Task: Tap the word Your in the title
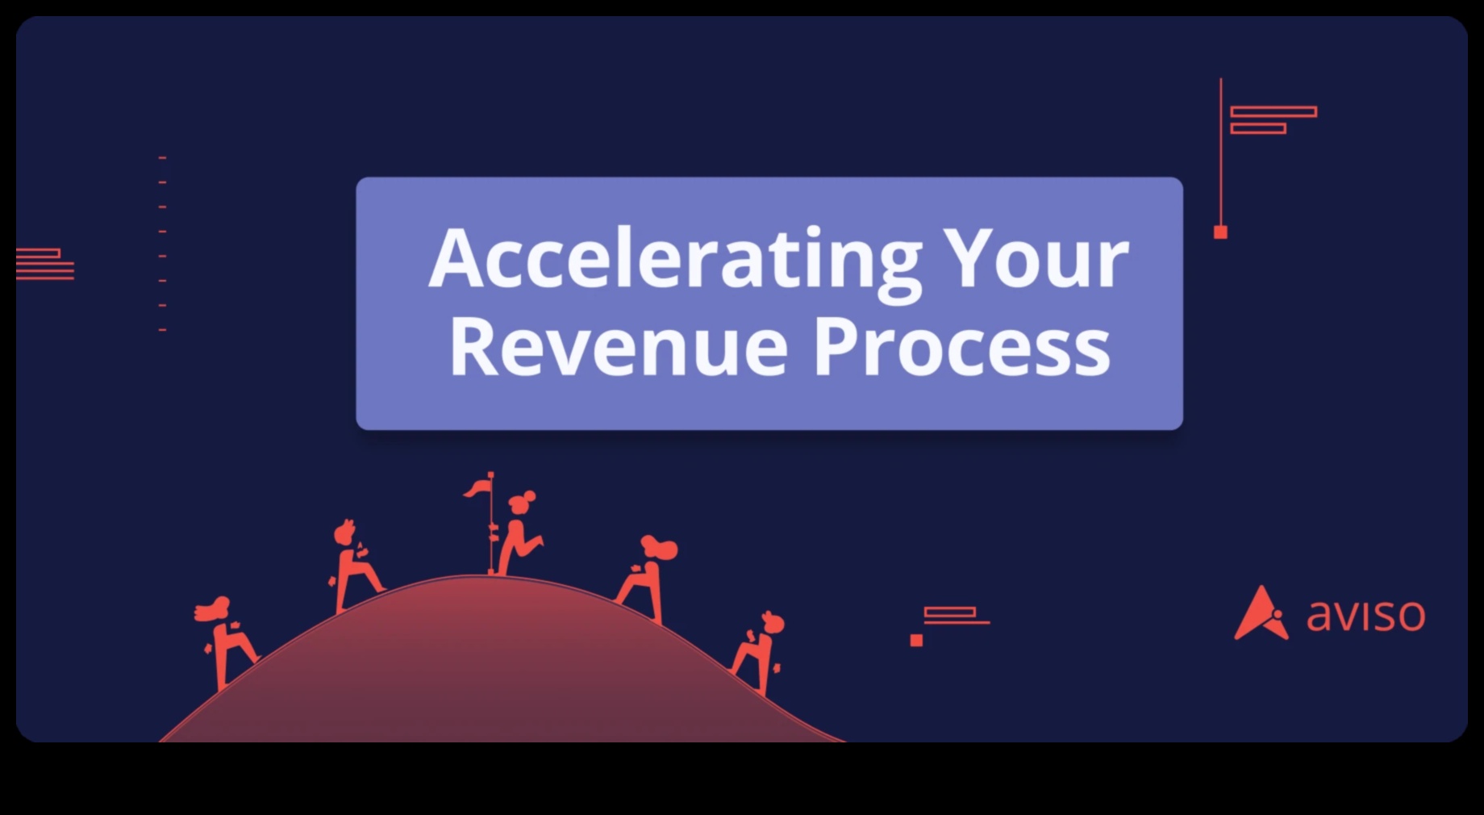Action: (1037, 257)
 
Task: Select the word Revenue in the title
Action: (618, 347)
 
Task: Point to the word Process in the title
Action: (961, 347)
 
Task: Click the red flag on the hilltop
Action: (477, 488)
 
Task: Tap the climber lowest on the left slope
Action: (225, 642)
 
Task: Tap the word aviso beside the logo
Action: (1365, 616)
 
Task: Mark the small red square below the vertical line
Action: (1220, 232)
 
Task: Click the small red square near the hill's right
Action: (916, 640)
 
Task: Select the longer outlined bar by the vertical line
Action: (1273, 111)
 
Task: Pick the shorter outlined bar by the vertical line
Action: (1258, 128)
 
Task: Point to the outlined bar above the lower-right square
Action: (950, 612)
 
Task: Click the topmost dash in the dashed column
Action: (162, 157)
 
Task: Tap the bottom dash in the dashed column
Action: (162, 330)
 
